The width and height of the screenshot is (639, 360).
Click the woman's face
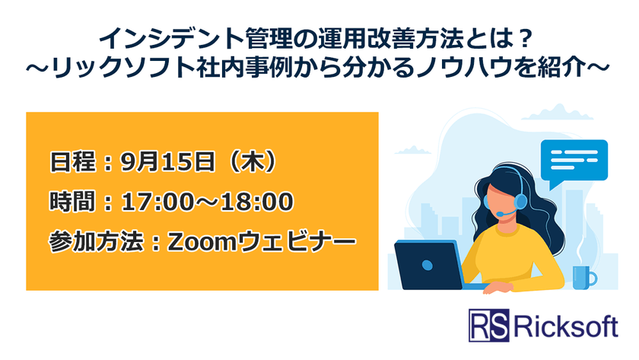501,199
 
